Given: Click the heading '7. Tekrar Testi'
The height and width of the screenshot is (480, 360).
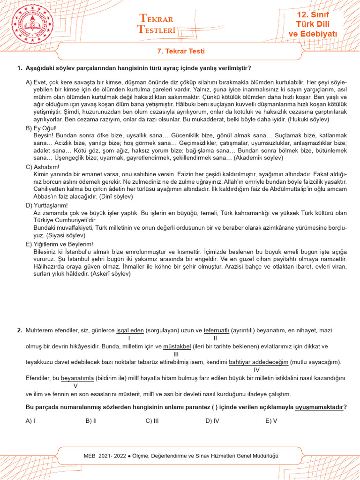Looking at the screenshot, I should tap(180, 51).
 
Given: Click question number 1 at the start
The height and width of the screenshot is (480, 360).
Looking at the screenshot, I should tap(19, 68).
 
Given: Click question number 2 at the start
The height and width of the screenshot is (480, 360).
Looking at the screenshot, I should tap(19, 330).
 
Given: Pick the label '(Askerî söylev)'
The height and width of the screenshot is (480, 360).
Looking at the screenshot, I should tap(107, 274).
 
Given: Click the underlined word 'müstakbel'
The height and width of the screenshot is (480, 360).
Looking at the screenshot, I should tap(176, 347).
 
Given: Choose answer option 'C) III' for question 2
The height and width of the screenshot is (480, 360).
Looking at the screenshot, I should tap(152, 420).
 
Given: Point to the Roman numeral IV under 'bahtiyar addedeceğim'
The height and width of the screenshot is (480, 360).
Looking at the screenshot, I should tap(256, 370).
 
